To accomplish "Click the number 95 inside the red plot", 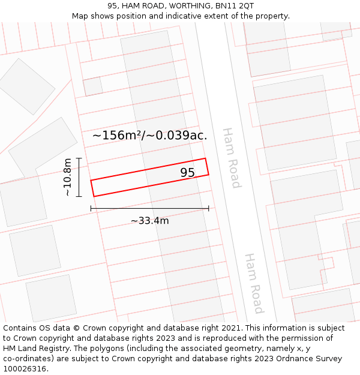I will [187, 173].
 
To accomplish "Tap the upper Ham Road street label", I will [231, 157].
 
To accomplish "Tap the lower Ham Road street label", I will [254, 283].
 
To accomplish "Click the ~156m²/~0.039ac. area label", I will [149, 136].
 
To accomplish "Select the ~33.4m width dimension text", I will [149, 221].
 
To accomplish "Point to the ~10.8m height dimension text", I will [68, 177].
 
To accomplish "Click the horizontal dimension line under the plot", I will [149, 208].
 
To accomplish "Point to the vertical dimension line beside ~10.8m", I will [79, 177].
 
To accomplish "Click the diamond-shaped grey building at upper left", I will [27, 86].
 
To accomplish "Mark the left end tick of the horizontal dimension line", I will [91, 208].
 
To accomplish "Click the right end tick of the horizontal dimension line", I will [208, 208].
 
